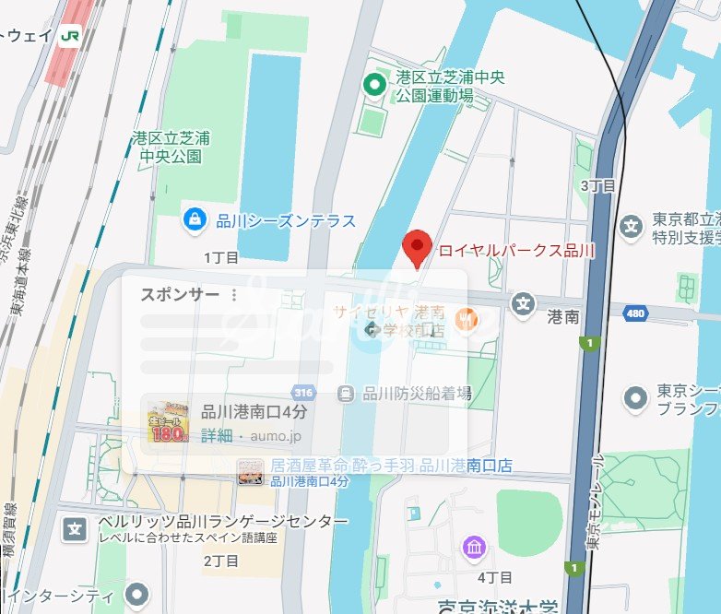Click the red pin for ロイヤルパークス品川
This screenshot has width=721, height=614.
click(x=419, y=247)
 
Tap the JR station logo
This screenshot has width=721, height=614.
click(x=70, y=36)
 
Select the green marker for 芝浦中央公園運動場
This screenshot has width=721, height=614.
click(x=375, y=87)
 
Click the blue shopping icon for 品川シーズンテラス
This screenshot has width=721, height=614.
click(x=195, y=219)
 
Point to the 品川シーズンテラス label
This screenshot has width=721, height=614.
click(x=286, y=220)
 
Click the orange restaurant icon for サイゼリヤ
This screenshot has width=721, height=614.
click(x=467, y=318)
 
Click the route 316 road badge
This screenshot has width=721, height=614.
click(x=302, y=392)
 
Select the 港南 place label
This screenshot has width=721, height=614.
click(x=562, y=317)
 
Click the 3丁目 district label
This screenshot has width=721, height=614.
click(x=597, y=185)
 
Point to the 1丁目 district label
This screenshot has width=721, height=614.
click(x=221, y=257)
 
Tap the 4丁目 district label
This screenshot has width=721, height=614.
click(x=495, y=578)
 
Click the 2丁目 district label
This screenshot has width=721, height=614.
click(x=221, y=561)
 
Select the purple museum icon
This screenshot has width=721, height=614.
click(x=474, y=548)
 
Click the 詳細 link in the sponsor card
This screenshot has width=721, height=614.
click(x=217, y=434)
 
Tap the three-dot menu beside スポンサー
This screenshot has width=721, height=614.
click(x=234, y=295)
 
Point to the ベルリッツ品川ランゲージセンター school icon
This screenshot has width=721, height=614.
click(x=74, y=528)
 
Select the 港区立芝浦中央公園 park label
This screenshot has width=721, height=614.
click(x=171, y=148)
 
